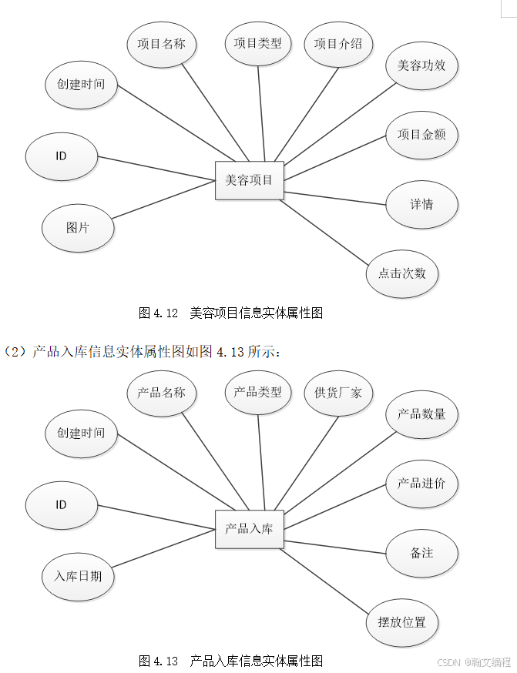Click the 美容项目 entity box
coord(249,181)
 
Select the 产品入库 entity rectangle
coord(249,529)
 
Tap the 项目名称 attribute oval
coord(162,43)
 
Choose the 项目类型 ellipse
coord(258,43)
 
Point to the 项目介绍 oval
coord(338,43)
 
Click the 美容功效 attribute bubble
coord(421,65)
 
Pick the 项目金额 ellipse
coord(421,134)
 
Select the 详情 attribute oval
coord(421,204)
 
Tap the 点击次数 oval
coord(401,273)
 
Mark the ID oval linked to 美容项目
coord(62,156)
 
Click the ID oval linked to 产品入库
coord(62,505)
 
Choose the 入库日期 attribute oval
coord(78,576)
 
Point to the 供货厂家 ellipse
coord(338,393)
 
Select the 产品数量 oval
coord(421,414)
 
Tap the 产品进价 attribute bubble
coord(421,484)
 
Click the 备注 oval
coord(421,553)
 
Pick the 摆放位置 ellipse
coord(401,622)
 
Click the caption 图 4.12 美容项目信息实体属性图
coord(230,313)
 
